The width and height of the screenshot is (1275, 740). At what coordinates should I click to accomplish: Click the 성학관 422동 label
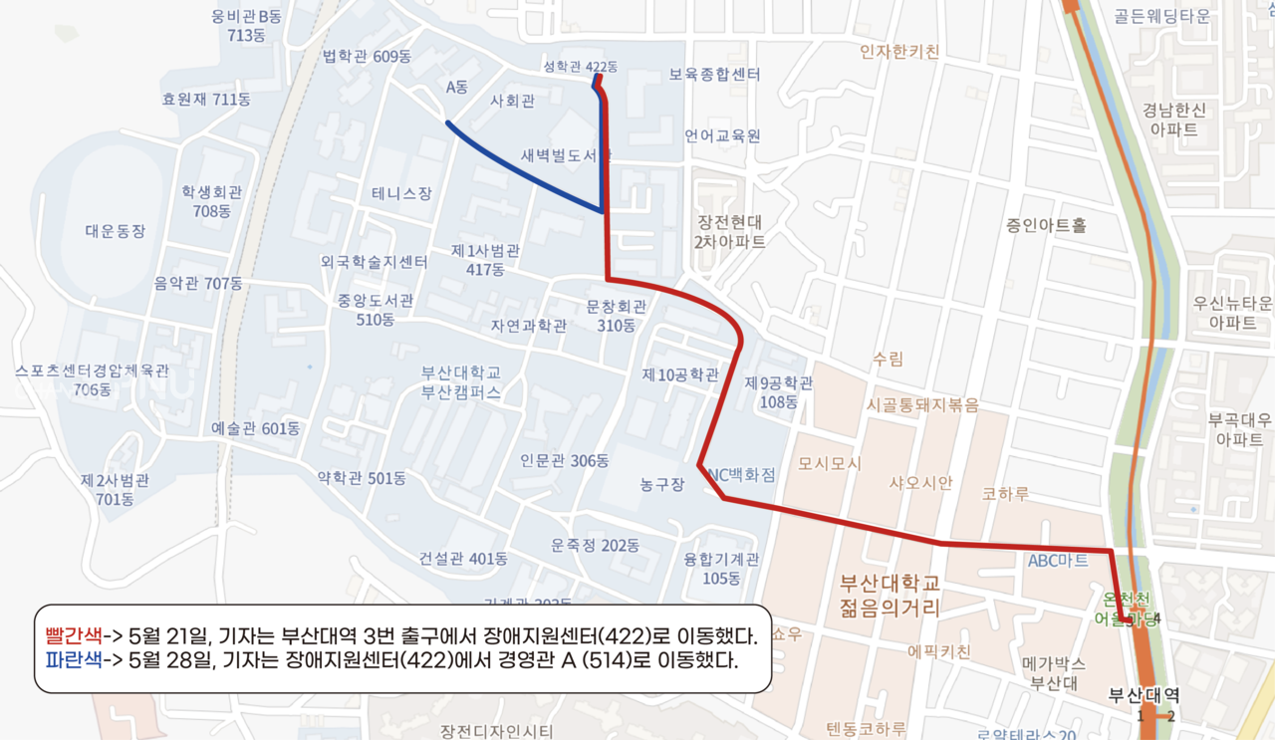coord(580,67)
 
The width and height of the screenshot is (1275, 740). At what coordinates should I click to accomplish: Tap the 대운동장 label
coord(116,231)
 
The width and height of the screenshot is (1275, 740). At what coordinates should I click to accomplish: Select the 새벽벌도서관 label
coord(565,156)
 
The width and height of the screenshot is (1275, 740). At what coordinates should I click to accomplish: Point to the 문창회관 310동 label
coord(617,316)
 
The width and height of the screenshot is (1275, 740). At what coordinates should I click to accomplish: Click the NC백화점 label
coord(740,475)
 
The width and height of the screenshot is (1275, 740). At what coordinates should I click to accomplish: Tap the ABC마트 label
coord(1058,561)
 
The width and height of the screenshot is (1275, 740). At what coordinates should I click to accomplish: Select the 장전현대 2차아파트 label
coord(731,231)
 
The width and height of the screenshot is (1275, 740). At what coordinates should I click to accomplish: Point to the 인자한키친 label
coord(899,51)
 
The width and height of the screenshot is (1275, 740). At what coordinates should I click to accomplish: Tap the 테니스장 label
coord(401,193)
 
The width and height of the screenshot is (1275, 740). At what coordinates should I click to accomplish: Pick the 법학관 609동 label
coord(367,56)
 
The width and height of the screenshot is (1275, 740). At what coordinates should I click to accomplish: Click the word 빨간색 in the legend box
coord(74,635)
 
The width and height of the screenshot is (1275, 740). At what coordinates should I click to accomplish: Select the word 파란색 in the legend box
coord(74,658)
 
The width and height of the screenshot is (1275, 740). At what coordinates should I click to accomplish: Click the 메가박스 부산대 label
coord(1054,673)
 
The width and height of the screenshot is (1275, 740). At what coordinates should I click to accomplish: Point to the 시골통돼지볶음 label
coord(922,405)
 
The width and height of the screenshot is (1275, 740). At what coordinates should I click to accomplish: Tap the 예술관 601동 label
coord(256,428)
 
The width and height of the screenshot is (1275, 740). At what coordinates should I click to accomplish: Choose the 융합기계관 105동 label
coord(721,569)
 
